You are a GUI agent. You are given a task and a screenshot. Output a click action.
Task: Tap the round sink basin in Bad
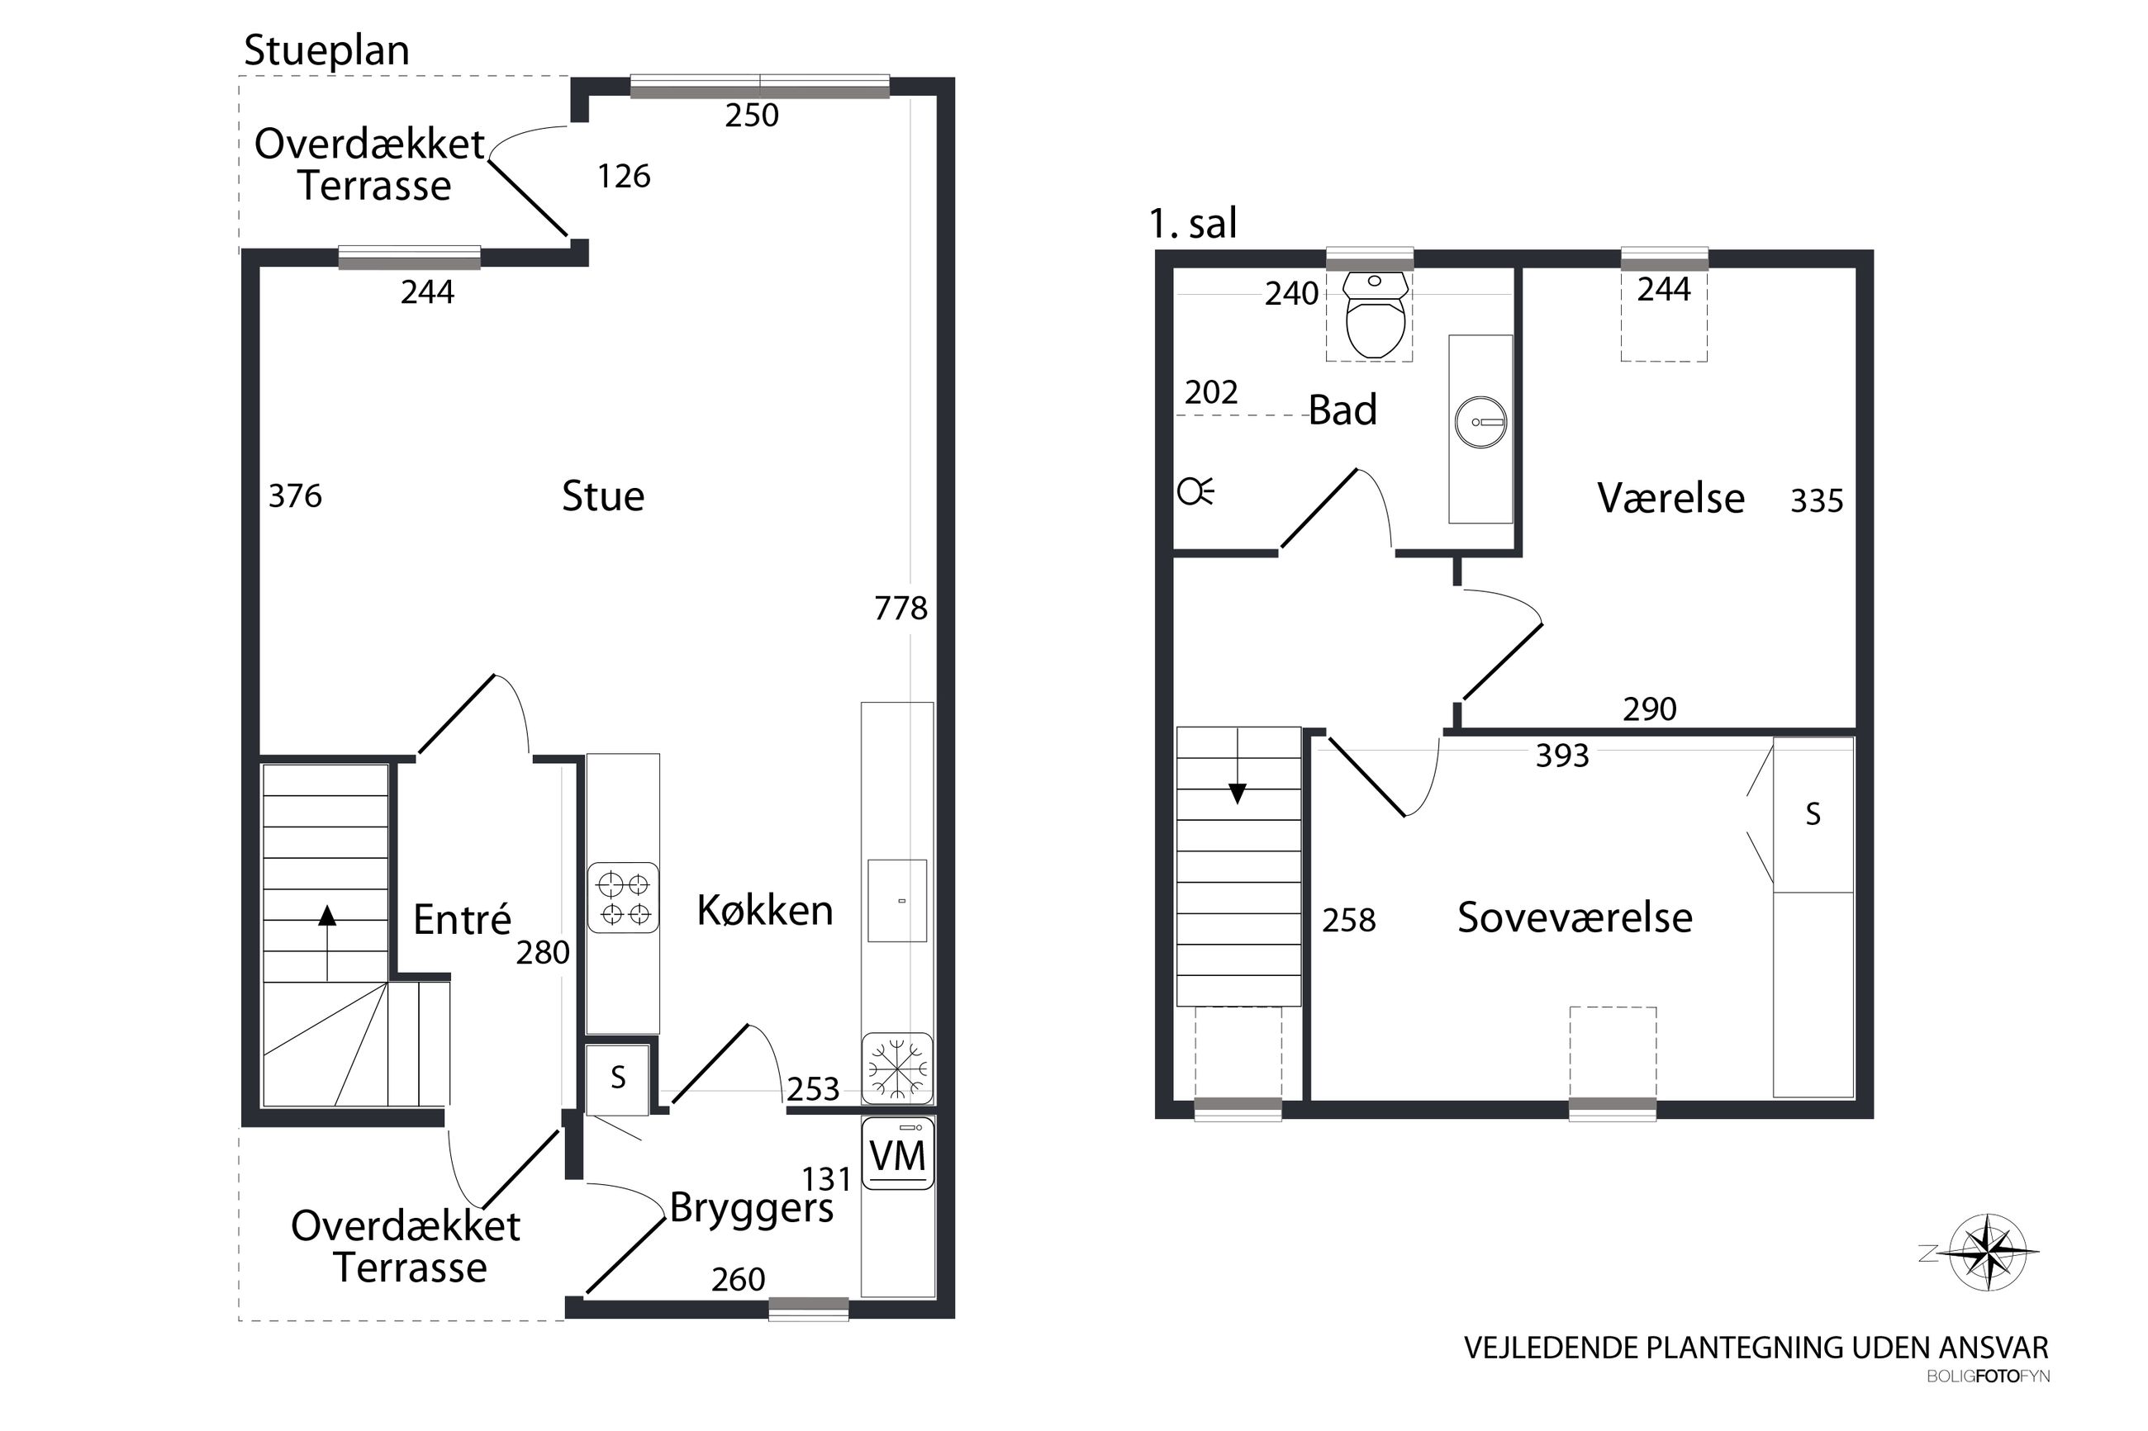point(1480,422)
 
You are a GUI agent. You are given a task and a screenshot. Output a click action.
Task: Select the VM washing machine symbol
point(897,1155)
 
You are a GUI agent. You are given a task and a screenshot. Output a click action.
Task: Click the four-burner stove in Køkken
point(624,898)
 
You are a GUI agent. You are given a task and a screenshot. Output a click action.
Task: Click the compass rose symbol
point(1989,1252)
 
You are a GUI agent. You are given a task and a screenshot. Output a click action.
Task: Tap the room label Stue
point(602,496)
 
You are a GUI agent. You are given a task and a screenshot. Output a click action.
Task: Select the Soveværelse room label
point(1575,917)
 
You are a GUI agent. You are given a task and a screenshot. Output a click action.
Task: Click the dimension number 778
point(901,608)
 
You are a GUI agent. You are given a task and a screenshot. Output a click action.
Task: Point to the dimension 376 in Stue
point(295,496)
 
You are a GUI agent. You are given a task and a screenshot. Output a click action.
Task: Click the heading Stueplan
point(326,50)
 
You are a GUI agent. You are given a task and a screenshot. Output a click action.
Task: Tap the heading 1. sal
point(1192,223)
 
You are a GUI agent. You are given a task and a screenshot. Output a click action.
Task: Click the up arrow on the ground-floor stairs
point(327,916)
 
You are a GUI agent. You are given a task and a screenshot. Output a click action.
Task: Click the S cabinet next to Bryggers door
point(618,1078)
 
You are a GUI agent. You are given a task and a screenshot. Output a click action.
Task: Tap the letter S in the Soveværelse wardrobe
point(1813,814)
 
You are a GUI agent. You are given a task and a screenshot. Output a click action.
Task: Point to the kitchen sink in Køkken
point(896,901)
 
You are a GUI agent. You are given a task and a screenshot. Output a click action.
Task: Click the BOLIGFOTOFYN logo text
point(1988,1377)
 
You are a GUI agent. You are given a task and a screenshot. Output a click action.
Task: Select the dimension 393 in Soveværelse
point(1562,756)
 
